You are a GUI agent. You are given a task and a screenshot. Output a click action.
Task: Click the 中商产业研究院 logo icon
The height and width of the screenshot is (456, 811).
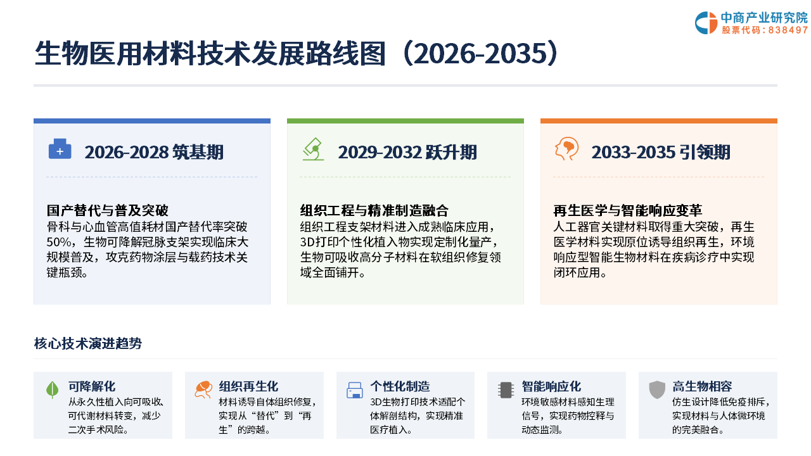[706, 23]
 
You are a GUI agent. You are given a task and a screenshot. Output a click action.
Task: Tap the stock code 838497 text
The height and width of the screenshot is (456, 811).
[788, 30]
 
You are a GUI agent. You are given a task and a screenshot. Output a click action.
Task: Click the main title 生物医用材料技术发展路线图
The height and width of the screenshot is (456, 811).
[210, 54]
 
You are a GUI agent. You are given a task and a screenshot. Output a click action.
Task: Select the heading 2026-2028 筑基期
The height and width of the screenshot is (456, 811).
[154, 152]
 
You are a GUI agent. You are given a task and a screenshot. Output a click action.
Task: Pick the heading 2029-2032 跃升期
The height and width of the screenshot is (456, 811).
[407, 152]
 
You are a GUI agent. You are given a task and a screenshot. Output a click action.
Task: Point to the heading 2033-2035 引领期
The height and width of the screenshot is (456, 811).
[661, 152]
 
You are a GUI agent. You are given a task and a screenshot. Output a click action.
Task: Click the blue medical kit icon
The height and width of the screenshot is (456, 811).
[60, 149]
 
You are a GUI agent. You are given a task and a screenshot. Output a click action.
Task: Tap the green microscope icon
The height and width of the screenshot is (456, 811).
[314, 149]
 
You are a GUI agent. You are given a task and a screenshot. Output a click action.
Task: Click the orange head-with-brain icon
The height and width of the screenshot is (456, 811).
[566, 149]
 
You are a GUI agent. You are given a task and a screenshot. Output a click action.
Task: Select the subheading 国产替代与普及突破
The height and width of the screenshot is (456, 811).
[108, 210]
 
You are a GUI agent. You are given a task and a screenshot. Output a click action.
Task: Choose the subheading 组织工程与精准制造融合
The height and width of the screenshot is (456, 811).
[374, 210]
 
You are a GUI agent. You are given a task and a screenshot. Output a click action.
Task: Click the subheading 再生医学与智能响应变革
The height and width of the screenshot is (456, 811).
[628, 210]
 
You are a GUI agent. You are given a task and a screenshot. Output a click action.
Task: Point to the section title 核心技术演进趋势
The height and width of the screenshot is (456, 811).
[88, 343]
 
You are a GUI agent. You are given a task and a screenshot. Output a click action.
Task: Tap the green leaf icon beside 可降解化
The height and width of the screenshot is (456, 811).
[53, 389]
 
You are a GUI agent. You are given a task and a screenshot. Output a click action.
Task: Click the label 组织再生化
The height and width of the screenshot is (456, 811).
[248, 386]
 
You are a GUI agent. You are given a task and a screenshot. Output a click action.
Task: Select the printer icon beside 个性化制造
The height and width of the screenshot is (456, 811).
[355, 390]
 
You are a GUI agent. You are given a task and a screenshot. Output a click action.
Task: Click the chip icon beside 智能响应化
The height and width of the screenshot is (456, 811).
[506, 390]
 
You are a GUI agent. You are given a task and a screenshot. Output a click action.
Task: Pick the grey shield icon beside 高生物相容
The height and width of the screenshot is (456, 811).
[657, 389]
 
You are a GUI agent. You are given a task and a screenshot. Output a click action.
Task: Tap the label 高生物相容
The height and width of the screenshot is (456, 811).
[702, 386]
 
